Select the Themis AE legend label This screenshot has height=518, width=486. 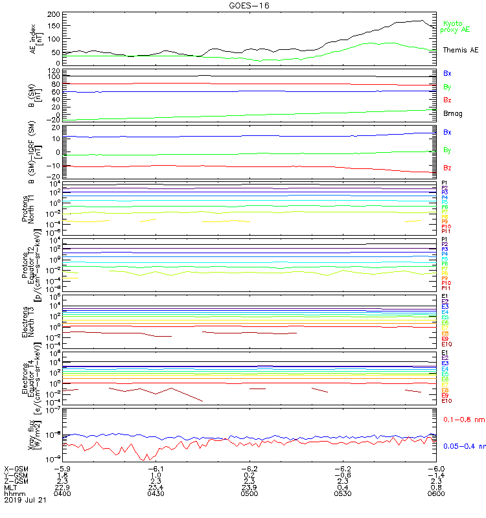pyautogui.click(x=461, y=50)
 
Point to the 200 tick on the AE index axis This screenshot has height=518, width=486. pyautogui.click(x=54, y=14)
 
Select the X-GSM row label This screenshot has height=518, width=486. pyautogui.click(x=17, y=468)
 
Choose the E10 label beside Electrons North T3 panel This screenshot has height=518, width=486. pyautogui.click(x=447, y=344)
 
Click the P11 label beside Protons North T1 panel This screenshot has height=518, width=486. pyautogui.click(x=446, y=231)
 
